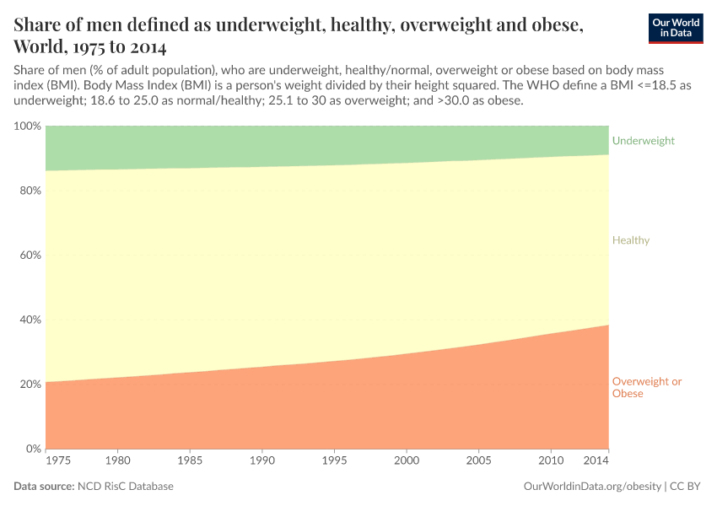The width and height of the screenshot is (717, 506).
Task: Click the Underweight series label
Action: coord(643,141)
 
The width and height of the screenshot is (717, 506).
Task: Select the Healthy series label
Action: coord(630,240)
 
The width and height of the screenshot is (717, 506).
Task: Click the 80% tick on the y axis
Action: coord(30,191)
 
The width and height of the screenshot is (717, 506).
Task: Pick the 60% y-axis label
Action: coord(30,256)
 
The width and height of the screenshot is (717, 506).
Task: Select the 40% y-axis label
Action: coord(30,320)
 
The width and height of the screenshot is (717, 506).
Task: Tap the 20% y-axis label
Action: coord(30,385)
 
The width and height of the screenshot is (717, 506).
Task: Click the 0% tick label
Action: coord(33,449)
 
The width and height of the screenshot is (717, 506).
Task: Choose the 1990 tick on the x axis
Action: coord(261,461)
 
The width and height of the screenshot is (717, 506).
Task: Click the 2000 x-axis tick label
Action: coord(407,461)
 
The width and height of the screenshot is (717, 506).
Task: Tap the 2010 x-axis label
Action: coord(551,461)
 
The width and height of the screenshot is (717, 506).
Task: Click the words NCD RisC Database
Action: coord(125,487)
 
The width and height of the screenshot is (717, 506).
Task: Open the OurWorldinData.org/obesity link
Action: coord(592,487)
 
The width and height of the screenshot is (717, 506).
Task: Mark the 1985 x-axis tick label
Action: coord(190,461)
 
